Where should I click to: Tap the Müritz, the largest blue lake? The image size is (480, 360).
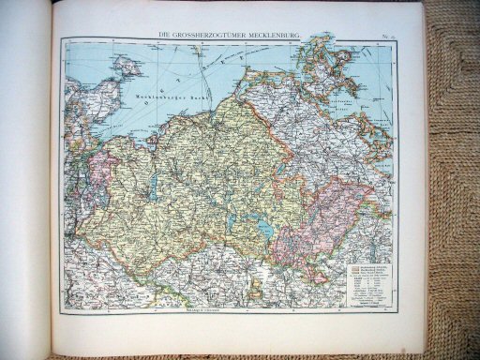click(266, 230)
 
